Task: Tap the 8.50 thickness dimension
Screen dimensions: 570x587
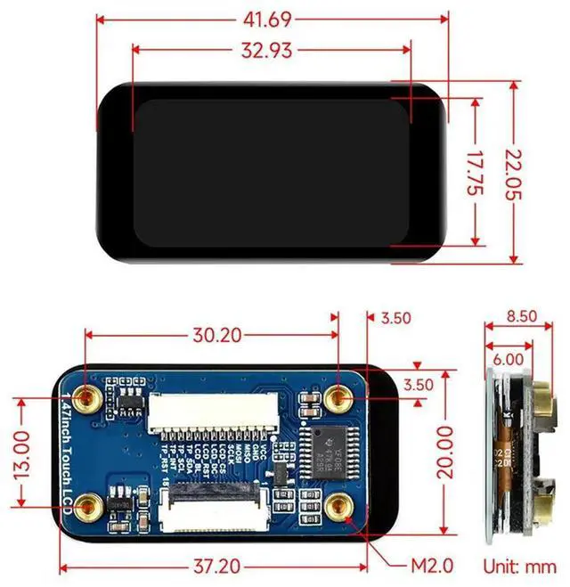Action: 522,314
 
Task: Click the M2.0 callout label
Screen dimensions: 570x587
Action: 430,566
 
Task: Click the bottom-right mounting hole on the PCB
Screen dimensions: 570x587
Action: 339,509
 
